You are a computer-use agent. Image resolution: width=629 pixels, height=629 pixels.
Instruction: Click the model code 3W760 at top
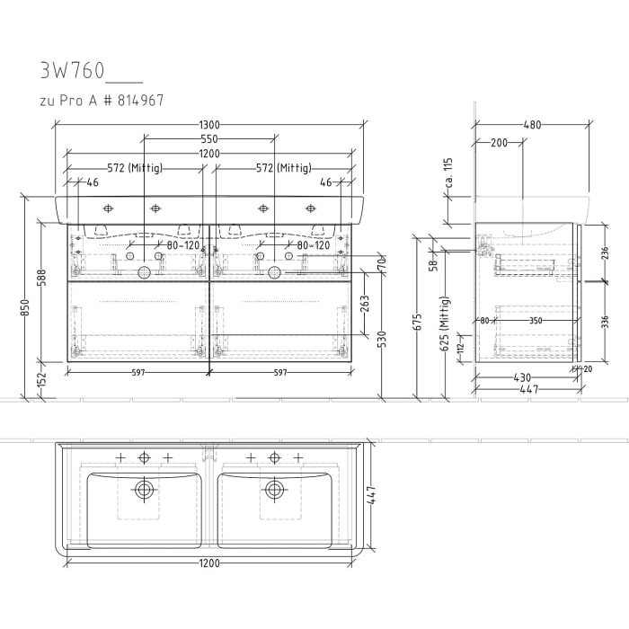pos(72,70)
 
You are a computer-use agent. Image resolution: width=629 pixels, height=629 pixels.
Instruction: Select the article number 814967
pos(140,101)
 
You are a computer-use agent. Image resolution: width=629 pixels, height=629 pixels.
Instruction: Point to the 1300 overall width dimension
pos(209,125)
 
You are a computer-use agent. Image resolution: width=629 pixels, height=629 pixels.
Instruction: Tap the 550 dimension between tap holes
pos(209,139)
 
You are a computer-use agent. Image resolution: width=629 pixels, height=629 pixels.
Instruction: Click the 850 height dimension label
pos(25,307)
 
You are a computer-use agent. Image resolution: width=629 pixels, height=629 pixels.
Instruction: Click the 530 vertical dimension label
pos(383,340)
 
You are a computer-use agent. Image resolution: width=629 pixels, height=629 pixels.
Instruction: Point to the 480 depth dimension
pos(532,125)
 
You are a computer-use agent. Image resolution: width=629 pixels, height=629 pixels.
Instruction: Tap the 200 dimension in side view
pos(499,142)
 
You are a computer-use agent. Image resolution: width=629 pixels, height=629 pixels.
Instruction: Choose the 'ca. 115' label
pos(446,173)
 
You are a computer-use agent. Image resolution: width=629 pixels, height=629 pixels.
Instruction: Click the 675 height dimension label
pos(417,323)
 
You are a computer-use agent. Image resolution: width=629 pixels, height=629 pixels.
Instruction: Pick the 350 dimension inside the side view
pos(536,320)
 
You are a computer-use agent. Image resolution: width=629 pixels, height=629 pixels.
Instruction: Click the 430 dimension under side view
pos(522,378)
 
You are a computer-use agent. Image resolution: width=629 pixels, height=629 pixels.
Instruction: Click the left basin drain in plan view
pos(144,490)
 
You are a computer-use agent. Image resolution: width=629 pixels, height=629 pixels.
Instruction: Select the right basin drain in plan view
pos(274,490)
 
